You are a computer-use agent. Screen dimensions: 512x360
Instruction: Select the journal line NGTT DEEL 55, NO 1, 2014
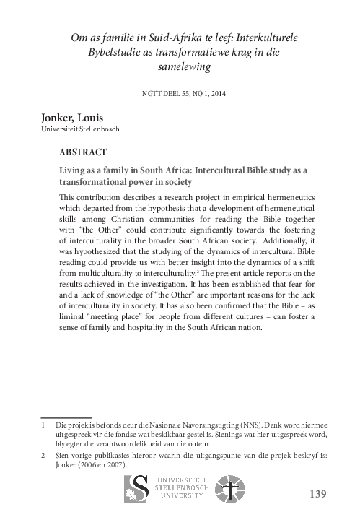click(179, 92)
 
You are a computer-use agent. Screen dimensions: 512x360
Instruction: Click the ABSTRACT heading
click(83, 153)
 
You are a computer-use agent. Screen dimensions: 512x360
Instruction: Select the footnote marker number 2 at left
click(43, 456)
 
